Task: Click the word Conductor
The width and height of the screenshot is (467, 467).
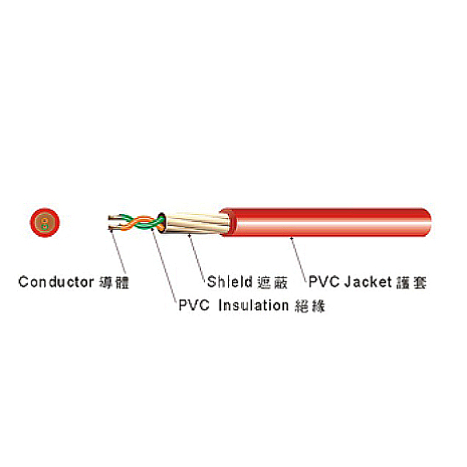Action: pyautogui.click(x=56, y=282)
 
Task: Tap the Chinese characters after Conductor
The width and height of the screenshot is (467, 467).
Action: pyautogui.click(x=114, y=282)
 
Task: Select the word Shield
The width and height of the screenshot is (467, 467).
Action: pyautogui.click(x=230, y=282)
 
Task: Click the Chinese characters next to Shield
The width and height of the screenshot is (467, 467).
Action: pyautogui.click(x=273, y=282)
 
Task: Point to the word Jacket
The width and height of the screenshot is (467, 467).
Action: pyautogui.click(x=368, y=282)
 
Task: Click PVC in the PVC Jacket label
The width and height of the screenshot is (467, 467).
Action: pyautogui.click(x=324, y=282)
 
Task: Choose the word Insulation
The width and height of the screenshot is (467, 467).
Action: pyautogui.click(x=254, y=306)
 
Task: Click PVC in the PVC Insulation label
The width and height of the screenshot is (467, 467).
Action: pyautogui.click(x=194, y=306)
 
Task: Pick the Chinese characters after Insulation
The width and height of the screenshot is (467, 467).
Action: pyautogui.click(x=310, y=306)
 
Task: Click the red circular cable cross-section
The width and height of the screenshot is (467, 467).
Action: pyautogui.click(x=45, y=223)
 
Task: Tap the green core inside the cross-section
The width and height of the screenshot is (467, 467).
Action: pyautogui.click(x=45, y=227)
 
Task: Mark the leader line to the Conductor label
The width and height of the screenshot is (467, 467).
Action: pyautogui.click(x=119, y=252)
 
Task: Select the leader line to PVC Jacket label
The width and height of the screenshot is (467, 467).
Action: pyautogui.click(x=299, y=259)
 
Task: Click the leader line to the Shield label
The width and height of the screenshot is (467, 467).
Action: pyautogui.click(x=197, y=258)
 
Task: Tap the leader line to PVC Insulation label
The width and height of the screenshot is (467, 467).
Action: pyautogui.click(x=164, y=267)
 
